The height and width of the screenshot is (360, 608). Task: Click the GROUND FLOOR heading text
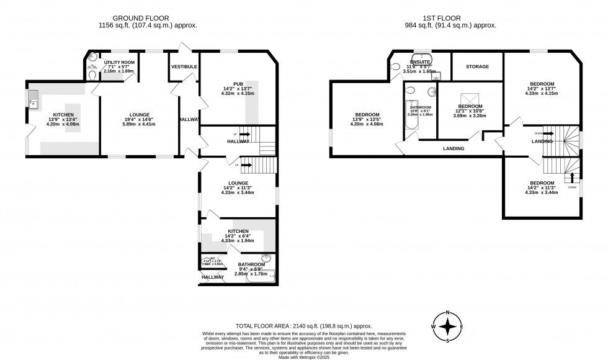pyautogui.click(x=148, y=17)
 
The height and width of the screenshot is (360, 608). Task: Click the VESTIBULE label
pyautogui.click(x=184, y=66)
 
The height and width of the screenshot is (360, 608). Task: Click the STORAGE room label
pyautogui.click(x=477, y=66)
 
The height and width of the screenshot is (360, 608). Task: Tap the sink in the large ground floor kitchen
pyautogui.click(x=34, y=98)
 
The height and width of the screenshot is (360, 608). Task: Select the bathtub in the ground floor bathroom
pyautogui.click(x=261, y=277)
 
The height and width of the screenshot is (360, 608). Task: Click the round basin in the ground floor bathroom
pyautogui.click(x=267, y=258)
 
